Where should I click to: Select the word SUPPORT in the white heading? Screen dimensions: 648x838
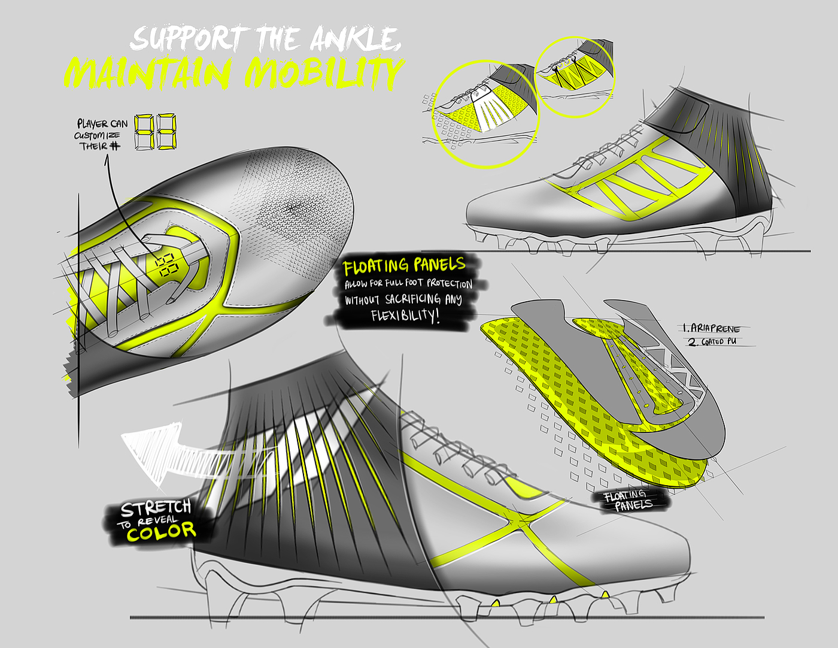pos(186,39)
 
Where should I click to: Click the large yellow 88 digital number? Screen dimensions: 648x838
pos(156,132)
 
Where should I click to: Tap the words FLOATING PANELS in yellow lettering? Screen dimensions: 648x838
pos(404,265)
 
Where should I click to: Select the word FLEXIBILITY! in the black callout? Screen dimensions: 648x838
pos(405,315)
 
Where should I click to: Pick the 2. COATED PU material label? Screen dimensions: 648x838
pos(712,342)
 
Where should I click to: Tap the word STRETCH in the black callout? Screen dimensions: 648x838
pos(156,508)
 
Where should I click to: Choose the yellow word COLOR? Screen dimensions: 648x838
pos(161,531)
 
